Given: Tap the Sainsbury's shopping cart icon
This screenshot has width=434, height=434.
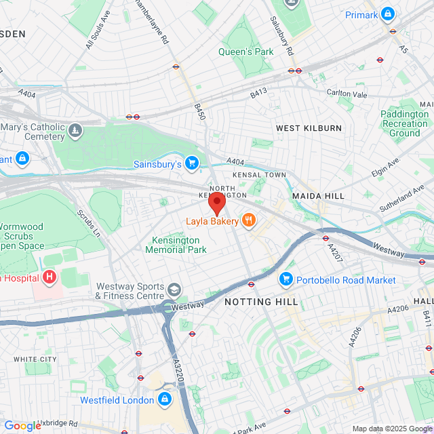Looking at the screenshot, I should (192, 163).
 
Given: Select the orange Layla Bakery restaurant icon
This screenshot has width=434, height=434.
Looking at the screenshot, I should (249, 220).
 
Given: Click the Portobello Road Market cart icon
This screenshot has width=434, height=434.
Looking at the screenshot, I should (286, 279).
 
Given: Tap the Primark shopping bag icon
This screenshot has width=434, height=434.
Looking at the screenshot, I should (388, 14).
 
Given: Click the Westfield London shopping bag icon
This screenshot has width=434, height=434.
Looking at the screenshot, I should (164, 400).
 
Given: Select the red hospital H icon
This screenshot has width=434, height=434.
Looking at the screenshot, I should (49, 277).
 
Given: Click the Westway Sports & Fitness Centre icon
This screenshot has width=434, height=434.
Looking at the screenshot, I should (175, 290).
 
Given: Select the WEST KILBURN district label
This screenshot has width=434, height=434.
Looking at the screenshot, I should (309, 128).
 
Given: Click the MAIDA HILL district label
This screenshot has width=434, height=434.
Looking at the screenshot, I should (318, 195).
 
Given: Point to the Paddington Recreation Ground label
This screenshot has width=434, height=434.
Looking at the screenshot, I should (404, 123).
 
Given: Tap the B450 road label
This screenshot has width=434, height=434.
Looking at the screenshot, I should (199, 112).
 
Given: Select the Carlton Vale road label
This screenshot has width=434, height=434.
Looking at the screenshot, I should (346, 92).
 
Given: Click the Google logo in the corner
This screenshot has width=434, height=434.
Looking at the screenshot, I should (22, 425).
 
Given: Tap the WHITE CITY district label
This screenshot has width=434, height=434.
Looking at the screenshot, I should (35, 359).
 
